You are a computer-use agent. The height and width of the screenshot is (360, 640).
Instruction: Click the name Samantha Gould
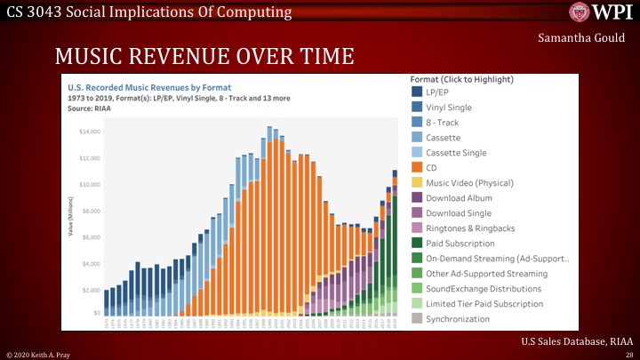click(x=581, y=39)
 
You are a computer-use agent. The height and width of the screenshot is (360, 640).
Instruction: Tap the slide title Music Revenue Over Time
click(x=204, y=58)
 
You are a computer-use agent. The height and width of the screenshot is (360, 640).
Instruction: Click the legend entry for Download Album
click(x=459, y=197)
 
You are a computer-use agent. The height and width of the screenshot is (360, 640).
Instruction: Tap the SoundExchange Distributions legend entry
click(x=484, y=288)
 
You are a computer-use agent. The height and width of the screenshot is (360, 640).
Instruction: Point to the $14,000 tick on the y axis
click(x=89, y=132)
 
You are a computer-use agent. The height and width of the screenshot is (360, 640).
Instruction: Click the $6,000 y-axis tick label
click(x=91, y=237)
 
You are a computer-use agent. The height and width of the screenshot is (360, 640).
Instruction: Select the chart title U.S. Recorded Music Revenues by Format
click(x=142, y=88)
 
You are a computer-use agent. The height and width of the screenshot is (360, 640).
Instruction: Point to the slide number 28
click(x=629, y=355)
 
